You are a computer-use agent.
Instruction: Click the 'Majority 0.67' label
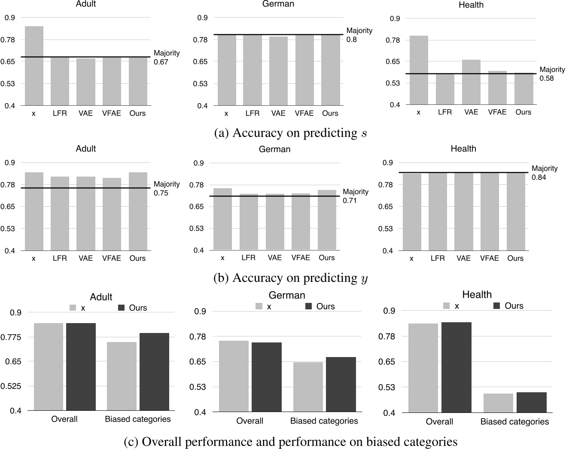167,58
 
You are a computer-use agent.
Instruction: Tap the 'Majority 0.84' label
544,173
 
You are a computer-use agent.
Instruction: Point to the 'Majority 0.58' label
552,74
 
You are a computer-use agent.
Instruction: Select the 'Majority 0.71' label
355,196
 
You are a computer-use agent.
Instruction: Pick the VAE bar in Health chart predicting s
471,82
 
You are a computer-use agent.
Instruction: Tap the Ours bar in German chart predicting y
327,220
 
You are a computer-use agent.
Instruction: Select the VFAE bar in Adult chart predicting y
112,214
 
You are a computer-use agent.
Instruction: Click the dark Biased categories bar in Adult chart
154,372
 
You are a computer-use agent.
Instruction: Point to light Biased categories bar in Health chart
498,403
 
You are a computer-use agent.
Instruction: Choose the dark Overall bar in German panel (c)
267,377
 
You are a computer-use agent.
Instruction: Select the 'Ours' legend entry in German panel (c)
320,306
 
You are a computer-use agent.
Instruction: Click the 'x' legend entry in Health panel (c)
451,306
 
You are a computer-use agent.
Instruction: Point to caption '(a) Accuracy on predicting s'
290,133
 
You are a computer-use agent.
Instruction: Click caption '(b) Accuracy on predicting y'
290,278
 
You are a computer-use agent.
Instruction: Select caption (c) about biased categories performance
290,442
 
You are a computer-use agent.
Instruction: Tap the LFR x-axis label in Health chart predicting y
438,258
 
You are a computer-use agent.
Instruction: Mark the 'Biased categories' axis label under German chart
324,421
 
